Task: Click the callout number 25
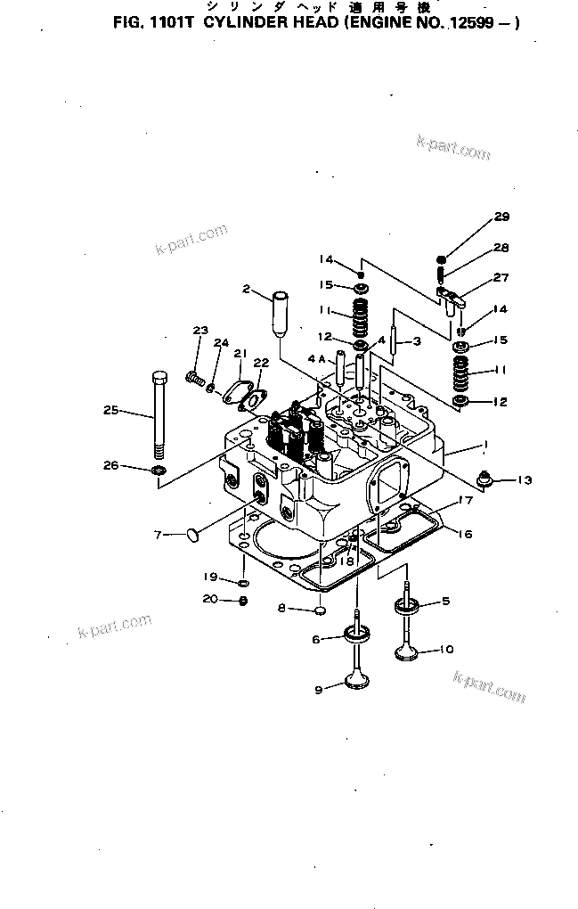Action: [x=110, y=410]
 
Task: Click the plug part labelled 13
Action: [x=485, y=479]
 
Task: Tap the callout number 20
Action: [x=210, y=600]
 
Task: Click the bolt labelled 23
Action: [x=192, y=378]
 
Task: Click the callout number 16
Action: [x=465, y=535]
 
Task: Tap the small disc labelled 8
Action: [x=317, y=611]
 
